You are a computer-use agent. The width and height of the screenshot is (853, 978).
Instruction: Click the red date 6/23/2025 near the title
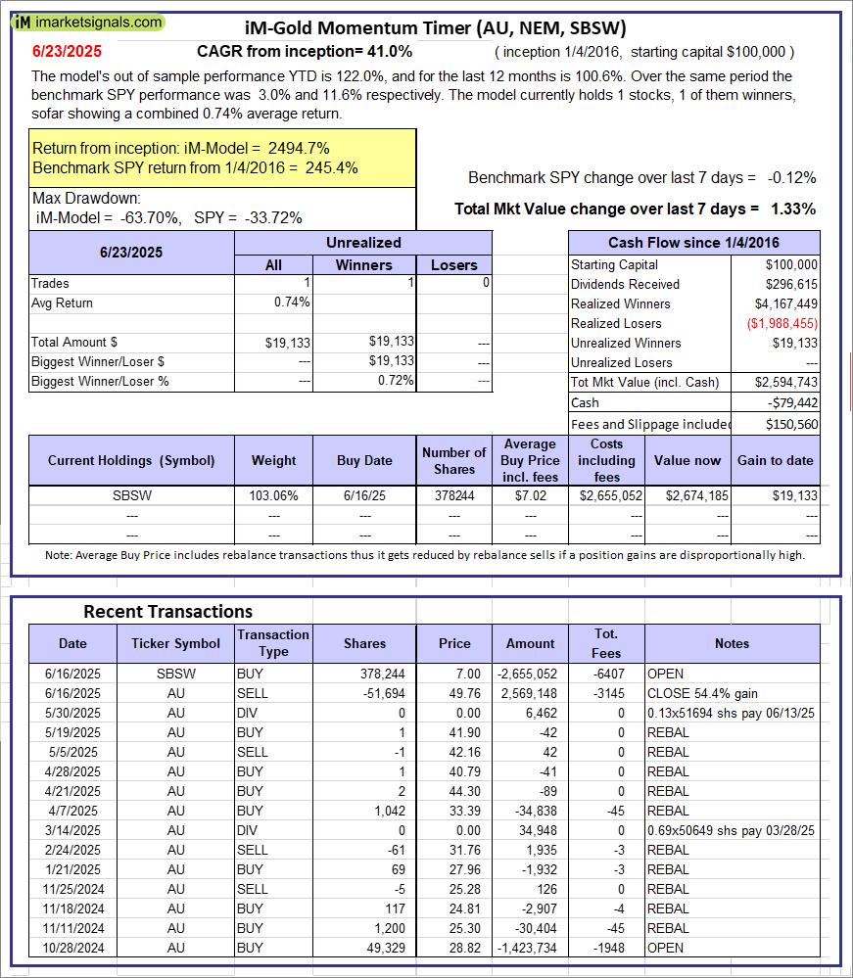[x=66, y=51]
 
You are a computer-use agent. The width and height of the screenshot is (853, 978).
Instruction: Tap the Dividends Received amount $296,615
[x=789, y=284]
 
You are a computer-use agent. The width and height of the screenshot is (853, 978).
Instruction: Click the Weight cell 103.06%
[x=274, y=496]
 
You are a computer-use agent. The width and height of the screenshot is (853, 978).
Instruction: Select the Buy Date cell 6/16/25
[x=365, y=496]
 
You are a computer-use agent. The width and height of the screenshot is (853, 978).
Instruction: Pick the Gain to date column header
[x=776, y=460]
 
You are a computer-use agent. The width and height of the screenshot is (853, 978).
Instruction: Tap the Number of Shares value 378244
[x=454, y=496]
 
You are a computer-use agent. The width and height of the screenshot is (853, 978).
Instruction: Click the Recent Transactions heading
[x=167, y=612]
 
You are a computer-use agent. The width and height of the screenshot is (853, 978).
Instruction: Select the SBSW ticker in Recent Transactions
[x=175, y=674]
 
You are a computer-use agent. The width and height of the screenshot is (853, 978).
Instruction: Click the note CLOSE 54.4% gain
[x=702, y=693]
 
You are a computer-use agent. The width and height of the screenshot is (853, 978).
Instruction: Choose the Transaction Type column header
[x=273, y=643]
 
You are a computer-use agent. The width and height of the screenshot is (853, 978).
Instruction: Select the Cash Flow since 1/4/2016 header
[x=694, y=243]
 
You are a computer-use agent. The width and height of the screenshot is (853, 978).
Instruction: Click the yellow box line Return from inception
[x=181, y=148]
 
